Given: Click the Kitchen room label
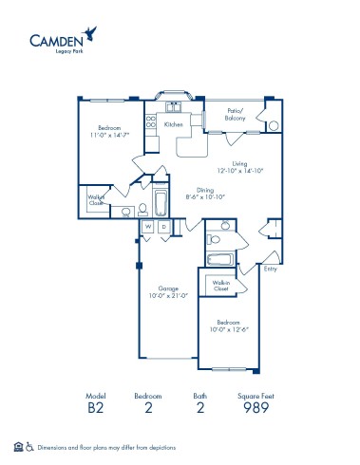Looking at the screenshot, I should point(174,124).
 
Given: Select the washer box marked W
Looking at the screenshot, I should point(148,228).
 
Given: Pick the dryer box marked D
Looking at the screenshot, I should point(163,228).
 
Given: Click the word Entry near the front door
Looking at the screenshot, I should point(271,269).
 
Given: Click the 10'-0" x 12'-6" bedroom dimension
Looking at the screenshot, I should point(229,329).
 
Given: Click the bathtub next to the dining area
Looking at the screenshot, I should point(161,202).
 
